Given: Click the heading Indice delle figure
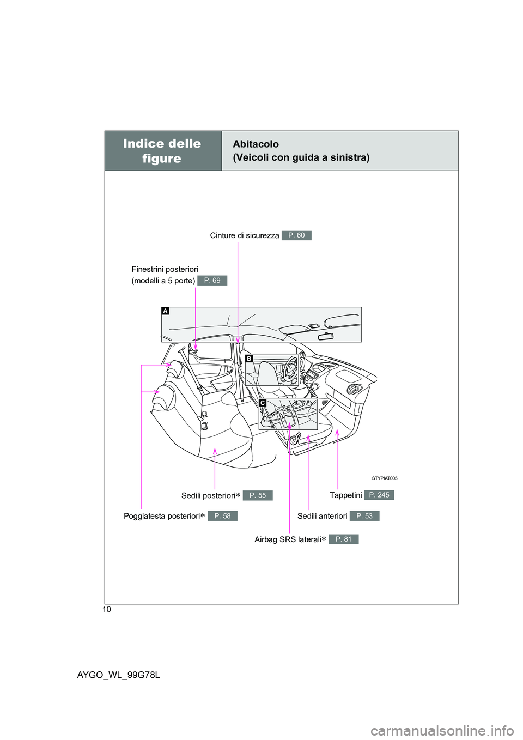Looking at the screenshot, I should coord(162,151).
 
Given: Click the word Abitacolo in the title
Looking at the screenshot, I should coord(256,144).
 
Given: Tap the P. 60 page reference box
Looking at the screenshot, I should coord(296,235).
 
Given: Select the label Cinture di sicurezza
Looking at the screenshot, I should coord(244,235).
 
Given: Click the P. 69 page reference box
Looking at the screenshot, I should coord(212,280).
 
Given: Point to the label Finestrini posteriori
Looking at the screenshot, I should coord(165,269).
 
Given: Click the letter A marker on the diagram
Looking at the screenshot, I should coord(165,311).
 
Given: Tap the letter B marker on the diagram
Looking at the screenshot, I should coord(248,359).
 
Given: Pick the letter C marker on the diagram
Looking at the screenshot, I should coord(262,403).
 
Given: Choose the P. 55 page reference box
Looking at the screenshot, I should coord(258,495).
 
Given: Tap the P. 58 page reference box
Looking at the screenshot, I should coord(222,516).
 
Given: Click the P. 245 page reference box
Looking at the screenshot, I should coord(379,495).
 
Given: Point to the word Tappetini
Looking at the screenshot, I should coord(345,495).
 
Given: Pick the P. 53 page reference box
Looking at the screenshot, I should coord(364,516).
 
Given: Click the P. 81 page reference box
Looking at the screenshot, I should coord(344,539).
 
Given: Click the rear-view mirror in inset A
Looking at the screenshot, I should coord(325,336).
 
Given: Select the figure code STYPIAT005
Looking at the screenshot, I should coord(385,478).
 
